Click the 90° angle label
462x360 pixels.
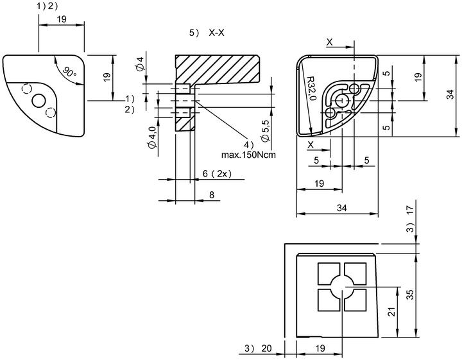click(69, 73)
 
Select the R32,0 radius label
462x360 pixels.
click(311, 89)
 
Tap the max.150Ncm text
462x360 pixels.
click(248, 155)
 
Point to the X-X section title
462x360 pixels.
click(217, 33)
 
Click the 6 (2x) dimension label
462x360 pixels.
click(217, 174)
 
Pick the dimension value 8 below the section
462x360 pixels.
click(212, 194)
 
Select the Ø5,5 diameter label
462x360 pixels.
click(265, 131)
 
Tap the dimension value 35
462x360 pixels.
click(410, 295)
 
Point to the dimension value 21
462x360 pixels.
click(391, 312)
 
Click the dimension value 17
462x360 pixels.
click(410, 210)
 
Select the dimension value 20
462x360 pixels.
click(266, 348)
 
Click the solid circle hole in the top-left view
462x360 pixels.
click(38, 101)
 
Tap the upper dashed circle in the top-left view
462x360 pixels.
click(27, 89)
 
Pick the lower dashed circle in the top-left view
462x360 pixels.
click(51, 112)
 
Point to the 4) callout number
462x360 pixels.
click(248, 144)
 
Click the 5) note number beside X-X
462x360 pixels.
click(194, 33)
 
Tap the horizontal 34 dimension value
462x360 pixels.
click(341, 208)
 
